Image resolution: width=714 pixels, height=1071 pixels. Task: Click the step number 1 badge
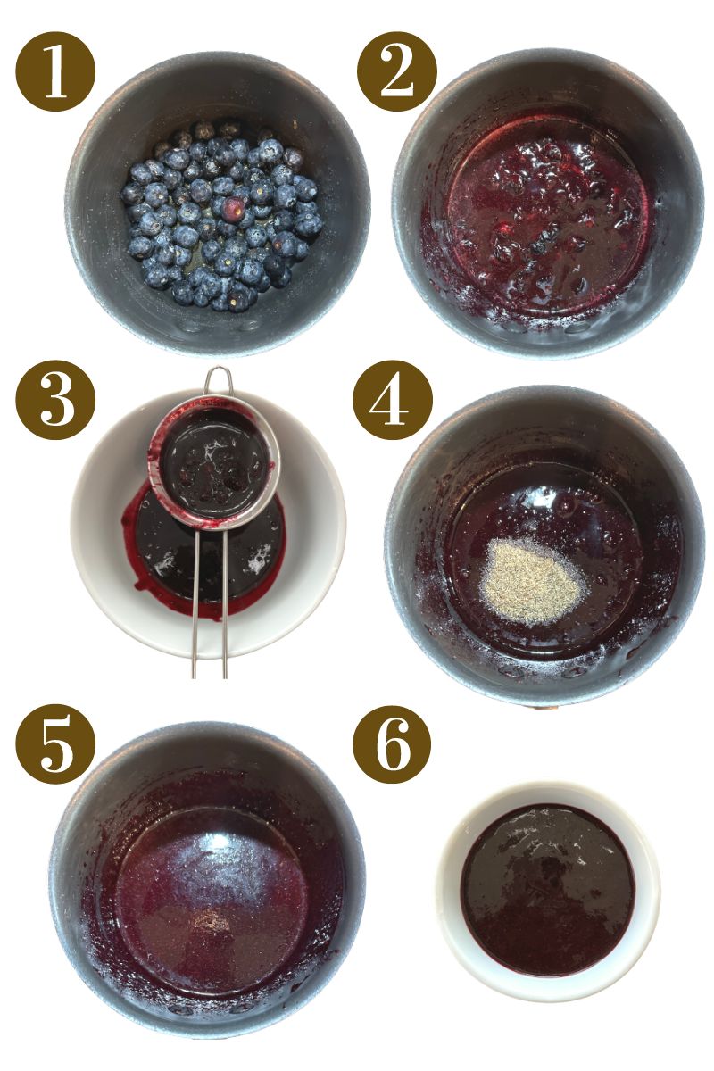(55, 71)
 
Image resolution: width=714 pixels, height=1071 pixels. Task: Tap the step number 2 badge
(397, 71)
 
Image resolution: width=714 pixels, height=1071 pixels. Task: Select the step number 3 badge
(55, 401)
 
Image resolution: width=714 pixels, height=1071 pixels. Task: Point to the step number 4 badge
(393, 401)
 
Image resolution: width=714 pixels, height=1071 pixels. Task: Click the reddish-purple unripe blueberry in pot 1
(234, 209)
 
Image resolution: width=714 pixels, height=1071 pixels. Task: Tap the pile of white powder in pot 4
(532, 581)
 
